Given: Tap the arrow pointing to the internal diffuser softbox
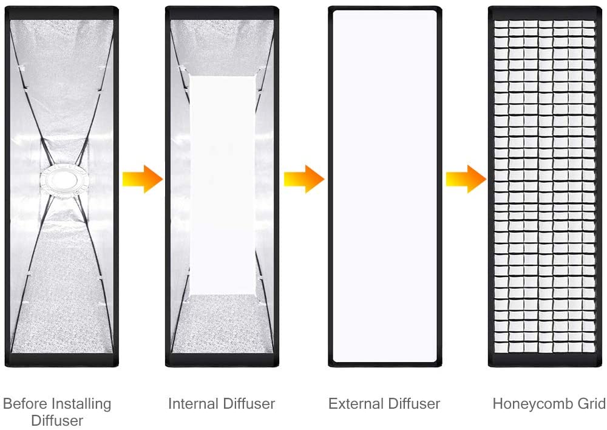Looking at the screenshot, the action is point(143,179).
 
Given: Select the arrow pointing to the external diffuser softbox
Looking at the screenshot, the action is point(304,179).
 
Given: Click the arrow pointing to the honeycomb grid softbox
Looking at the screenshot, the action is point(466,179).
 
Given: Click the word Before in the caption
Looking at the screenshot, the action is point(24,404).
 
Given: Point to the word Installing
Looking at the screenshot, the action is point(80,404).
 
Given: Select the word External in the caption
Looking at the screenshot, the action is point(356,404).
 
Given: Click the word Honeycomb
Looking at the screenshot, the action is point(533,404).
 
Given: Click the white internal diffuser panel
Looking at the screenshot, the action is point(223,185).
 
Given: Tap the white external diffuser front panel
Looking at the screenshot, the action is point(385,186).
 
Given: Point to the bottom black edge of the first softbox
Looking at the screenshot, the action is point(61,360).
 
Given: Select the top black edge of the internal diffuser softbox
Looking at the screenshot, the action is point(222,13).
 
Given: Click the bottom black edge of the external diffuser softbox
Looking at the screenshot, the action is point(385,364).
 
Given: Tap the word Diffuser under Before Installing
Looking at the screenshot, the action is point(57,421).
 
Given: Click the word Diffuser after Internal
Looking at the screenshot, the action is point(249,404).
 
